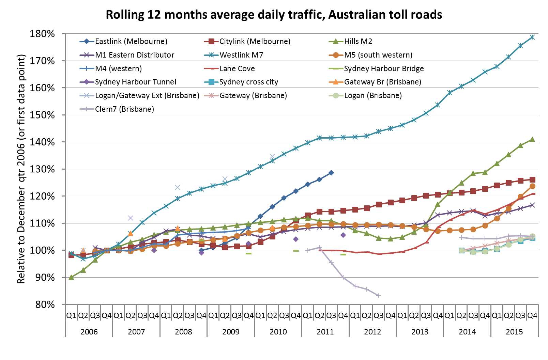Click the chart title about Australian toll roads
[274, 15]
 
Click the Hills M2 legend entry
[358, 41]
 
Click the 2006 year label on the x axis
[89, 332]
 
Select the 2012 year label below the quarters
[372, 332]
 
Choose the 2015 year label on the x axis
[514, 332]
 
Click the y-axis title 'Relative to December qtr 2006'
[21, 169]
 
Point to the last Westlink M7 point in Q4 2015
[532, 37]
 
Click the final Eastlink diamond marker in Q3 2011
[331, 173]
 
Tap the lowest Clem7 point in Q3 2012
[379, 296]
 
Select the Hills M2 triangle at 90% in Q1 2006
[71, 277]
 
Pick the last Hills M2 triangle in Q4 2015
[532, 139]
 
